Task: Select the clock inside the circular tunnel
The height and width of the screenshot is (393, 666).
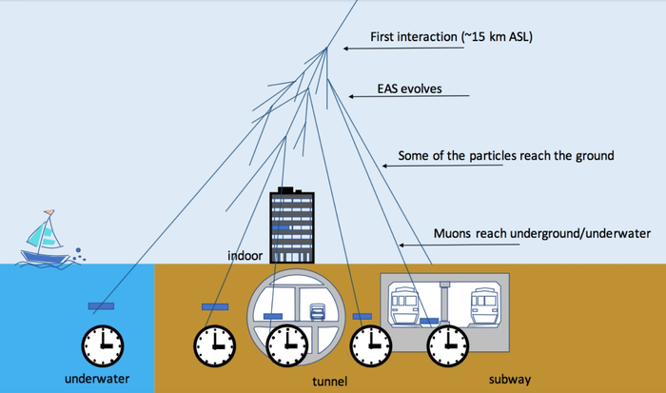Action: [285, 344]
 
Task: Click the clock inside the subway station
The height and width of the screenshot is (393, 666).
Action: [444, 344]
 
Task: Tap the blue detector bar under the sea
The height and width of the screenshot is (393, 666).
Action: [100, 306]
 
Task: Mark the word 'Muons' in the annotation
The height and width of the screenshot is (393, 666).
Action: [451, 231]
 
